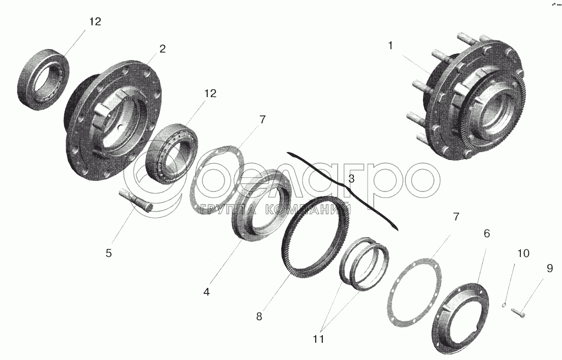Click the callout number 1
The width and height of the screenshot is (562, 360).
(x=390, y=46)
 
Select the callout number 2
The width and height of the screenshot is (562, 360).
(x=162, y=49)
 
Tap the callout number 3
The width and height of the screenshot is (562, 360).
(x=351, y=179)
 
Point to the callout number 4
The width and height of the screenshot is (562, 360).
(x=207, y=292)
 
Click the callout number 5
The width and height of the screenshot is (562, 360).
(x=109, y=253)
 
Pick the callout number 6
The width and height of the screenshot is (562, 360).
(x=487, y=234)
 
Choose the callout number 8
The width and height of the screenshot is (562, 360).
(x=259, y=316)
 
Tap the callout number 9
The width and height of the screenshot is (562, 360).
(x=550, y=268)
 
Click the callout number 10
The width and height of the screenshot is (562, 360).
(x=523, y=253)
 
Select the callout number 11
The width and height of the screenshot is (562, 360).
(x=319, y=339)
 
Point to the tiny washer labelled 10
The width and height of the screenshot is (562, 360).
(x=504, y=305)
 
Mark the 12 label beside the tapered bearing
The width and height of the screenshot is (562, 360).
(x=210, y=93)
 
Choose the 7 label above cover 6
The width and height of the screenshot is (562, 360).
(x=456, y=217)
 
